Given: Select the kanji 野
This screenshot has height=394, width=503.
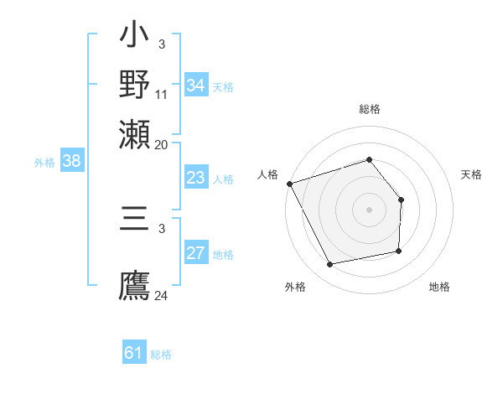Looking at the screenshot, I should [x=135, y=85].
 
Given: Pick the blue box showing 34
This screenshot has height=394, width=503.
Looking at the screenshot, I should [x=195, y=86].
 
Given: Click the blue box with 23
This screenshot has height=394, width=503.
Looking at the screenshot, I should [x=195, y=178].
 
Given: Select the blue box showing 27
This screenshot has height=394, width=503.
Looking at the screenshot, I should [x=195, y=254].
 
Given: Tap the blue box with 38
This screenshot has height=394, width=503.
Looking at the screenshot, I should [x=71, y=162].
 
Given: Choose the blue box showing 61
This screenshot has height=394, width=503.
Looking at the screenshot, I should [x=133, y=354].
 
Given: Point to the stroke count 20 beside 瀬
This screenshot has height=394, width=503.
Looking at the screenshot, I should [x=162, y=143].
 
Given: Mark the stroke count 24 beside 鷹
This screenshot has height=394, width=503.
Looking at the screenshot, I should [x=162, y=295].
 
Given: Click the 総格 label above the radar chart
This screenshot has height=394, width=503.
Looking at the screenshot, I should [x=370, y=109].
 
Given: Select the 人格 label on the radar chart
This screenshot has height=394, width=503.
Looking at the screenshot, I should [x=267, y=174].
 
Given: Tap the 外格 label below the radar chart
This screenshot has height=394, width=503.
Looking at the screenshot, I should [x=295, y=287].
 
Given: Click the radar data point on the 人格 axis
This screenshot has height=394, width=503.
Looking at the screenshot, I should [x=289, y=184].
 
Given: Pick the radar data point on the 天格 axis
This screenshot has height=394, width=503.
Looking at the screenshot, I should [x=402, y=200].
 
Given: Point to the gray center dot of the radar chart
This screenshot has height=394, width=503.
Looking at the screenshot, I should [x=370, y=210].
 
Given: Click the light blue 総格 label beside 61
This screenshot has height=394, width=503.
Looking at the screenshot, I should [x=161, y=355].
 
